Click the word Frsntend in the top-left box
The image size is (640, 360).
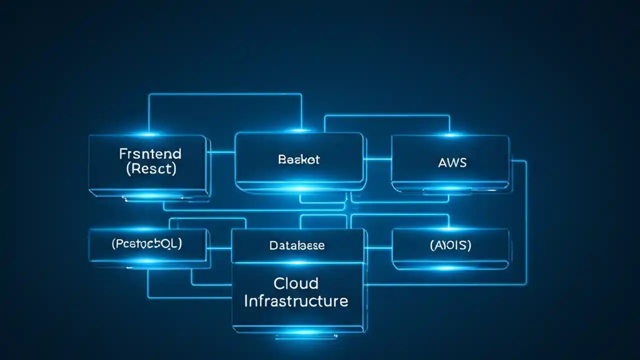[150, 153]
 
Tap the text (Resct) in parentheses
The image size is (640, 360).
[150, 168]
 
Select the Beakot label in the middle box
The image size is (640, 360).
[298, 160]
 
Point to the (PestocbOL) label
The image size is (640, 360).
[147, 244]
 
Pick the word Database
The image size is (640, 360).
[297, 245]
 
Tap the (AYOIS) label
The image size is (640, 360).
[450, 245]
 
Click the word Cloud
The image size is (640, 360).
[296, 283]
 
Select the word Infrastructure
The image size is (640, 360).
[296, 301]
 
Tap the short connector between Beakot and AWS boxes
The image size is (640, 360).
[377, 159]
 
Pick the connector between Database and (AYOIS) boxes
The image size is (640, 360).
[378, 247]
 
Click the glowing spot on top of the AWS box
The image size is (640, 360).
[450, 134]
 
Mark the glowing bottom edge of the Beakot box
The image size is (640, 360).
[299, 188]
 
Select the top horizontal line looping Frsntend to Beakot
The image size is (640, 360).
[225, 94]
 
